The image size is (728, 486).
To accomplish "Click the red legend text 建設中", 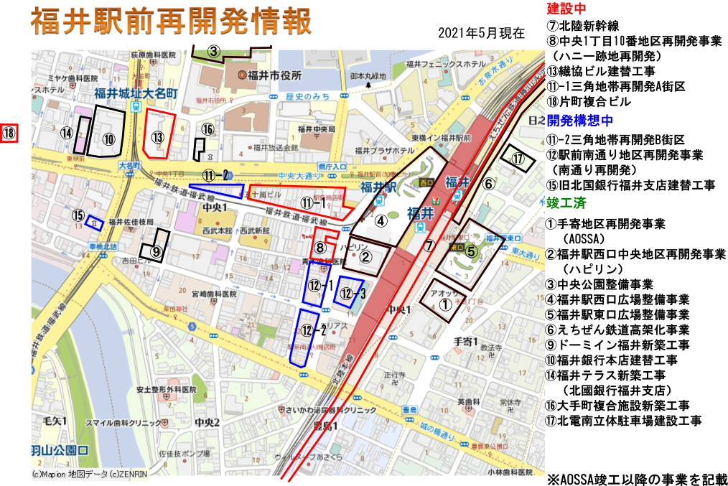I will (x=566, y=9).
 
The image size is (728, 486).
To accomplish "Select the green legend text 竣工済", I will (x=566, y=203).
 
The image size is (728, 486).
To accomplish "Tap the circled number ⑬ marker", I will (x=158, y=137).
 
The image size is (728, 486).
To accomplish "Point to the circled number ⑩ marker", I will (x=109, y=139).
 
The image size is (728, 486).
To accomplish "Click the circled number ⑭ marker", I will (x=67, y=133).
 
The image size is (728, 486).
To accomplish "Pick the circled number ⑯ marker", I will (x=207, y=130).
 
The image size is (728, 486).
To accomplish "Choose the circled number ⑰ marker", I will (x=518, y=159).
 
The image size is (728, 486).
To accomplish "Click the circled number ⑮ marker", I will (x=78, y=215).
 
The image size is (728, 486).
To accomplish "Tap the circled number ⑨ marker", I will (x=156, y=251).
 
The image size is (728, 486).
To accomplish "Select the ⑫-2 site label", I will (x=314, y=331).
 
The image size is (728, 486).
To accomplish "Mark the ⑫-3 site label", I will (x=353, y=293).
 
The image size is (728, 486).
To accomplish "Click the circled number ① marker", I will (x=445, y=305).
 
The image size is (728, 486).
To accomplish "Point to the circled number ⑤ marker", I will (x=471, y=251).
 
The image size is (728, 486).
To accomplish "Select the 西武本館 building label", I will (x=217, y=231).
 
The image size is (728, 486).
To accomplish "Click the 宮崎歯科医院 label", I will (x=213, y=294).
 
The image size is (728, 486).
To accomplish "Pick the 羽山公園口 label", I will (x=59, y=451).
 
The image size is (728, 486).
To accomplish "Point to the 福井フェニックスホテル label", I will (x=445, y=64).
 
